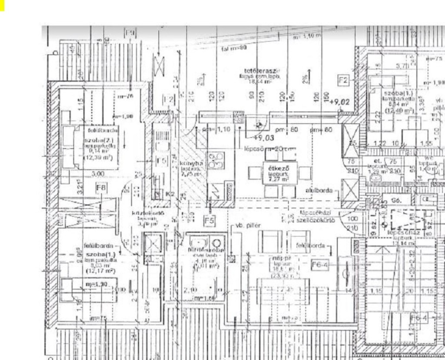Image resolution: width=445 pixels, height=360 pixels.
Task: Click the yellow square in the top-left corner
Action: [2, 5]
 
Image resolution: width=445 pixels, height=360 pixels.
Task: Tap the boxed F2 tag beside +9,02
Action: [344, 80]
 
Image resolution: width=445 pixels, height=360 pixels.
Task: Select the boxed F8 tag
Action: [101, 188]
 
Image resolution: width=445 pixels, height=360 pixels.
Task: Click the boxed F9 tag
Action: [130, 33]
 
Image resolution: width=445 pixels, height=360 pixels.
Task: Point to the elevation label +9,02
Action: [340, 102]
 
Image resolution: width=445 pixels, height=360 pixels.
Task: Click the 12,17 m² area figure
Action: [100, 271]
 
